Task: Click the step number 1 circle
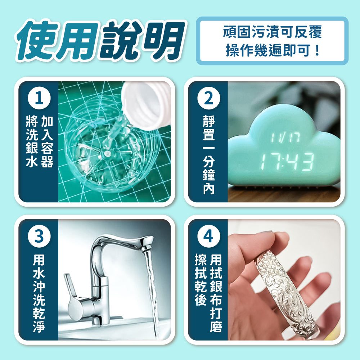point(39,98)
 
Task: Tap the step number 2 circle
point(209,98)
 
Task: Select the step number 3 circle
point(39,236)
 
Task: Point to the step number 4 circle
point(209,236)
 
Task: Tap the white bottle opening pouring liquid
point(147,104)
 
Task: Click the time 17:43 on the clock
point(287,161)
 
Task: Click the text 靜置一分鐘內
point(209,154)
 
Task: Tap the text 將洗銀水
point(32,141)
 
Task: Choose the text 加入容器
point(47,141)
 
